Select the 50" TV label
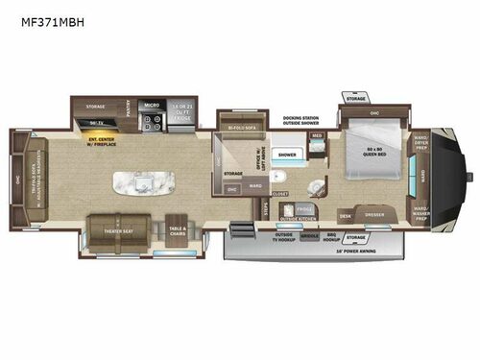(x=94, y=124)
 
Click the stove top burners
(x=152, y=121)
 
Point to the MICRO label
(x=151, y=105)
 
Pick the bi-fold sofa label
(x=239, y=126)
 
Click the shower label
(x=287, y=154)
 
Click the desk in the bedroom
(x=345, y=216)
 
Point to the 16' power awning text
(x=352, y=252)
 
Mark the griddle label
(x=310, y=235)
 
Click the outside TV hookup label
(x=284, y=235)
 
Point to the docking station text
(x=300, y=118)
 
